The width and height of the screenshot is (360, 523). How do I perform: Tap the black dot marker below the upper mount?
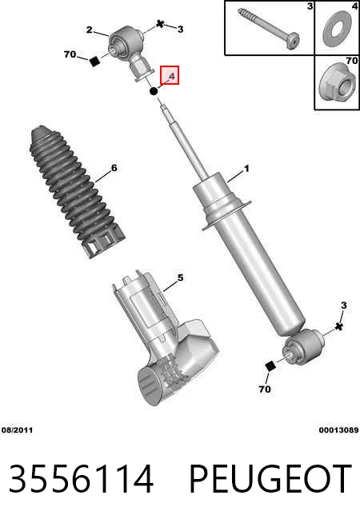[154, 91]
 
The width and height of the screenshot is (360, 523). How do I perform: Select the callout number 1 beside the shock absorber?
[246, 169]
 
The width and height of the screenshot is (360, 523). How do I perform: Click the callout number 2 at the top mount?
[89, 30]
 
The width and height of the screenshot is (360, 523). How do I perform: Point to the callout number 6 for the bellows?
[114, 168]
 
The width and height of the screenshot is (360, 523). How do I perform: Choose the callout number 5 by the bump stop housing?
[180, 277]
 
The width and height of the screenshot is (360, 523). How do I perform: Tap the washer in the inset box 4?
[338, 28]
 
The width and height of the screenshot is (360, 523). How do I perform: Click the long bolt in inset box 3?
[268, 28]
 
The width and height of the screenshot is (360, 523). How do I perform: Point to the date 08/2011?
[18, 430]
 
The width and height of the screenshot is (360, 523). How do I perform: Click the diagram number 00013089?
[338, 430]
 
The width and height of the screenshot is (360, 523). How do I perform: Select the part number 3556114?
[81, 479]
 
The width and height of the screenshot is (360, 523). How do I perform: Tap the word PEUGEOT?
[270, 479]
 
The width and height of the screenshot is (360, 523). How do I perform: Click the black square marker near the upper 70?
[95, 62]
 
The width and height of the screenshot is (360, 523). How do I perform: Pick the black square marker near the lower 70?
[270, 366]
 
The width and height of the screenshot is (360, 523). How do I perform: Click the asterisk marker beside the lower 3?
[339, 326]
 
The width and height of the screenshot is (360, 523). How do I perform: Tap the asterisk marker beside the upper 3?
[161, 24]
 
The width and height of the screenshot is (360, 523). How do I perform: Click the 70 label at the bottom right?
[265, 389]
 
